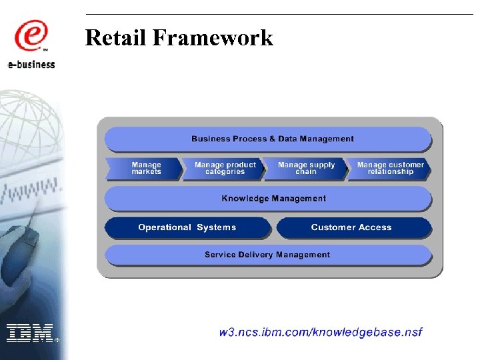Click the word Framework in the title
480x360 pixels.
213,38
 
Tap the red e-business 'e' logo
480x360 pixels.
30,37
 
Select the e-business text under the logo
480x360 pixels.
31,65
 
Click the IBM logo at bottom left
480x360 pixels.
29,332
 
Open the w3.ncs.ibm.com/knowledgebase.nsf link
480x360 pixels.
321,332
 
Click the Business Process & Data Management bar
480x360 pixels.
272,139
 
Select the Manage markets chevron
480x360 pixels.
146,169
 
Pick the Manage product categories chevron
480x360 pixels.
225,169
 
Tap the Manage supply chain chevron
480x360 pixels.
306,169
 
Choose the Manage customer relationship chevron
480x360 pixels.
390,169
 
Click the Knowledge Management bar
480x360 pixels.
273,198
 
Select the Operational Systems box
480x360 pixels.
187,227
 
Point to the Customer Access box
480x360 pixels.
351,227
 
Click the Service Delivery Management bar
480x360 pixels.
267,255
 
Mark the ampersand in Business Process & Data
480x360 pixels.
272,139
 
